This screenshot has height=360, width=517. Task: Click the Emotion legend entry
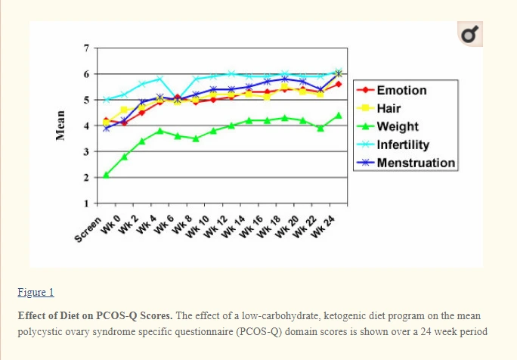[x=401, y=90]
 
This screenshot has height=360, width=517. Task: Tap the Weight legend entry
[x=397, y=126]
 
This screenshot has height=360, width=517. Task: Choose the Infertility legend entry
[x=402, y=144]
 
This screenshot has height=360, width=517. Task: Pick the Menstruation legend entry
[x=415, y=163]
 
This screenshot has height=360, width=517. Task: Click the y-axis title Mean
[x=59, y=125]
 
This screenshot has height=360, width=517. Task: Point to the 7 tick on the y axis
[x=86, y=48]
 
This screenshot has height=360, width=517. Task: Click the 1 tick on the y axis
[x=86, y=203]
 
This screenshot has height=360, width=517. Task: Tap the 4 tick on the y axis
[x=86, y=126]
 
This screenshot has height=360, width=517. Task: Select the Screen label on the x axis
[x=88, y=228]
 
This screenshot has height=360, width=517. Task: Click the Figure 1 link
[x=36, y=292]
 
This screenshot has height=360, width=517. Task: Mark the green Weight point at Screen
[x=107, y=175]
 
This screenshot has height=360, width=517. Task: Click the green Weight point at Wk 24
[x=338, y=116]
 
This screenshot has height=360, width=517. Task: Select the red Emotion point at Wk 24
[x=338, y=85]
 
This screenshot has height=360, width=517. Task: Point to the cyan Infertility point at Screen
[x=107, y=100]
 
